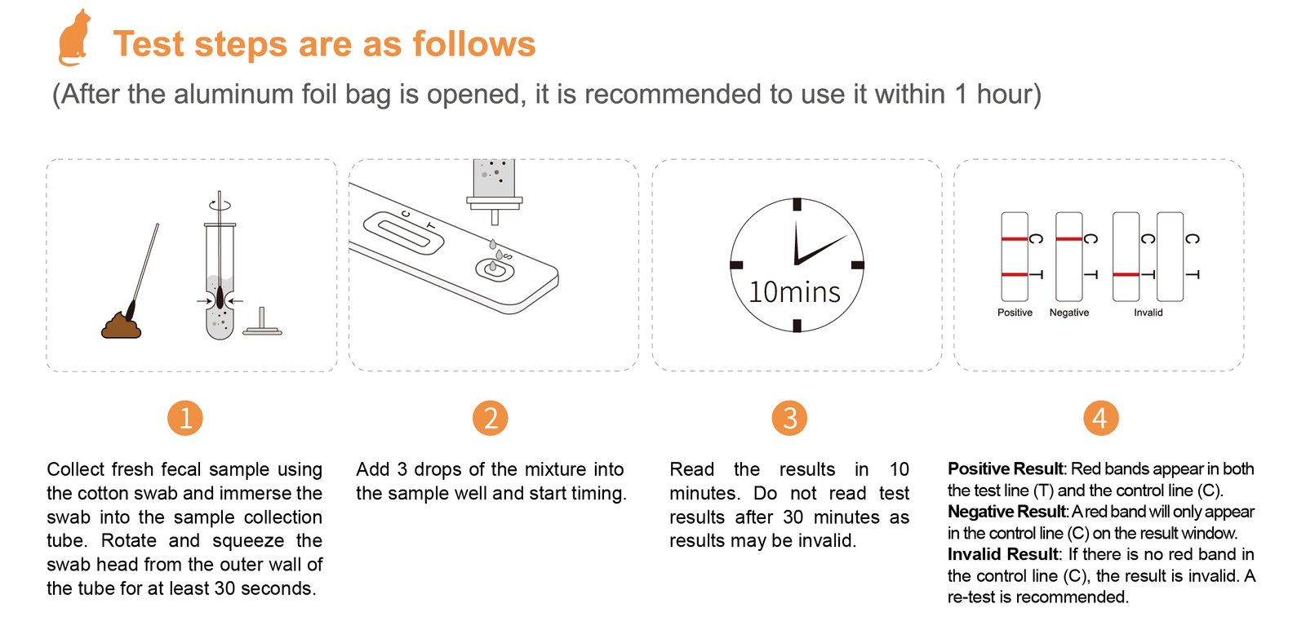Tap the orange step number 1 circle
pyautogui.click(x=185, y=418)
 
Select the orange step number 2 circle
pyautogui.click(x=491, y=418)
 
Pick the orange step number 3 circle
pyautogui.click(x=789, y=418)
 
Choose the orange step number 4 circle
pyautogui.click(x=1101, y=418)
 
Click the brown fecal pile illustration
pyautogui.click(x=122, y=326)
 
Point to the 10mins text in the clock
pyautogui.click(x=794, y=292)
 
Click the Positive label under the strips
pyautogui.click(x=1015, y=313)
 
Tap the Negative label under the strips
pyautogui.click(x=1068, y=313)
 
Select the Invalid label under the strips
pyautogui.click(x=1148, y=313)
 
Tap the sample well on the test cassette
pyautogui.click(x=495, y=269)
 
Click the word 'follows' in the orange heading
pyautogui.click(x=473, y=44)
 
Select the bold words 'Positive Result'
pyautogui.click(x=1005, y=469)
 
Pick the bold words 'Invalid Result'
pyautogui.click(x=1002, y=554)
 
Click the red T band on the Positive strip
pyautogui.click(x=1015, y=275)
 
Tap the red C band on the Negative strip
pyautogui.click(x=1068, y=239)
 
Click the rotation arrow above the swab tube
pyautogui.click(x=220, y=206)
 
